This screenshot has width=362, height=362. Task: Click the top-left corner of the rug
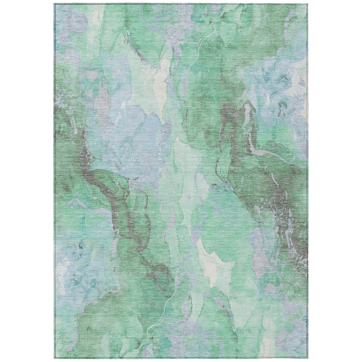click(53, 4)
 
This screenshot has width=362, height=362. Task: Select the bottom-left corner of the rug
click(53, 358)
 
